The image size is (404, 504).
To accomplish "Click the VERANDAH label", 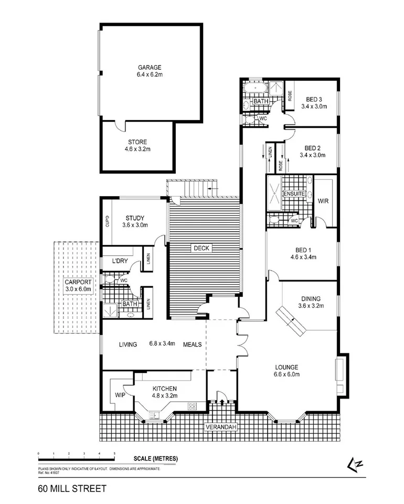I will [221, 427].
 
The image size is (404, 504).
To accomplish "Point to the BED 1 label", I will [301, 253].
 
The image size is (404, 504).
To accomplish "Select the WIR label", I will [323, 201].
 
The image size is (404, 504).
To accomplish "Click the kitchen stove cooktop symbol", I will [192, 406].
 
